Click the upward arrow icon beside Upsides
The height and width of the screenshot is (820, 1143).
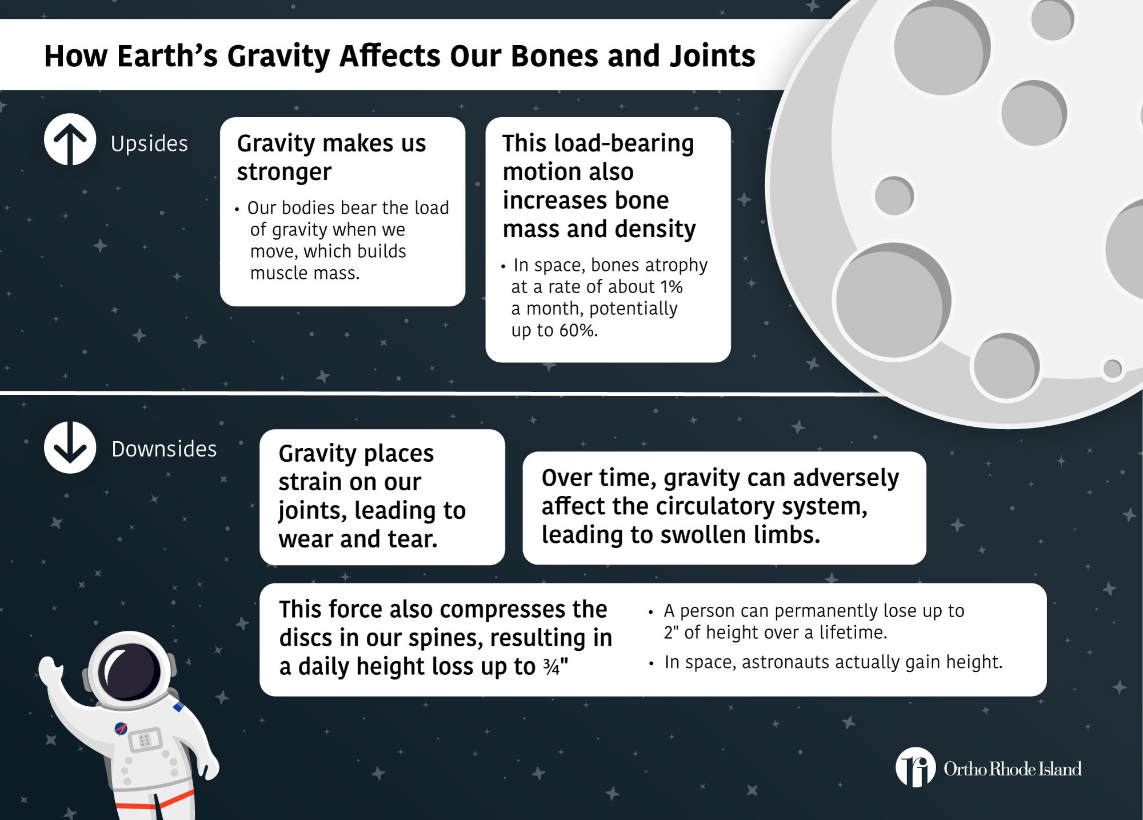[x=70, y=139]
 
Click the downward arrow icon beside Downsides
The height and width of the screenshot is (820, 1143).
[x=70, y=447]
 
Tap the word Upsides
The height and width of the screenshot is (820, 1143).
[x=149, y=143]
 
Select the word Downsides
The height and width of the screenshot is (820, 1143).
[x=164, y=449]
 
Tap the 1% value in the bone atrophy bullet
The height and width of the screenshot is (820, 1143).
[x=671, y=287]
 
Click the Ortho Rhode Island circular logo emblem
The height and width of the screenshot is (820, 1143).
[x=916, y=767]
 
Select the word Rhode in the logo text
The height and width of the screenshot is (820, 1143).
[x=1013, y=769]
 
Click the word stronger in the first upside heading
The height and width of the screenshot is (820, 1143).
[x=284, y=172]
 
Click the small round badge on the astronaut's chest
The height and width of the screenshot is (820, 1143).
[x=121, y=729]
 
